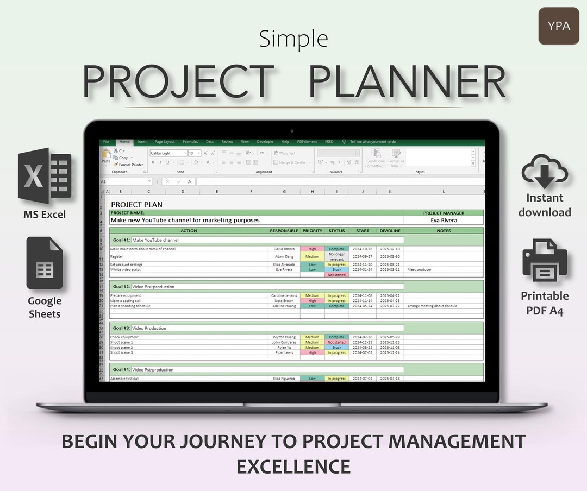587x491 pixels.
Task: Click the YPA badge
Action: [559, 26]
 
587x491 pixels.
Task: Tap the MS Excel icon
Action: [45, 175]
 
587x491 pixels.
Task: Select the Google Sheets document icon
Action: [45, 264]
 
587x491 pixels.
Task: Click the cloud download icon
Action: [545, 172]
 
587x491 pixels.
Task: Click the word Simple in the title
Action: [293, 39]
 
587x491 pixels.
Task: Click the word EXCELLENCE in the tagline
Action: [293, 466]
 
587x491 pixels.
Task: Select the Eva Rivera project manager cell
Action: [444, 221]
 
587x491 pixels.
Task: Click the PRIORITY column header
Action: [312, 231]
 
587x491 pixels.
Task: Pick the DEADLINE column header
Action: [390, 231]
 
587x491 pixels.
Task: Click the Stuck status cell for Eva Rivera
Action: [336, 269]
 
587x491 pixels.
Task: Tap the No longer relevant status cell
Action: [336, 256]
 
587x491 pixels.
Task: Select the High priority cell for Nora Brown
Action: [312, 301]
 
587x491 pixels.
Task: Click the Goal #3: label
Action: [122, 328]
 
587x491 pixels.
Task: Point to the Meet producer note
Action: [419, 269]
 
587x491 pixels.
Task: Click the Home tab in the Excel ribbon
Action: [124, 142]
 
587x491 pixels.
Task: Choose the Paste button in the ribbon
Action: [106, 156]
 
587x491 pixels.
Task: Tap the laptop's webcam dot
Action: [292, 131]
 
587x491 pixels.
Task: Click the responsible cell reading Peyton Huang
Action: [284, 337]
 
